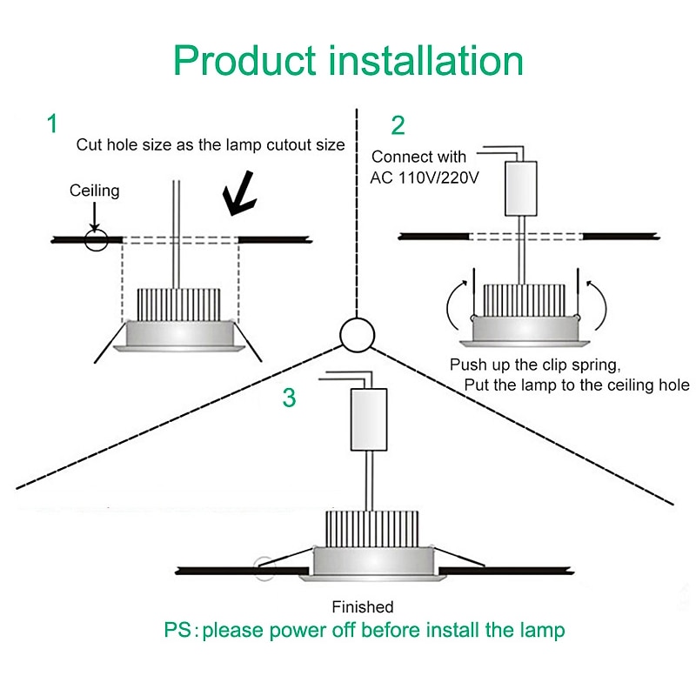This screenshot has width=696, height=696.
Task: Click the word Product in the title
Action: (x=243, y=61)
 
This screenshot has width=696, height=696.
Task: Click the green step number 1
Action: (x=52, y=124)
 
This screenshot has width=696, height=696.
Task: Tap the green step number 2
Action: (x=398, y=126)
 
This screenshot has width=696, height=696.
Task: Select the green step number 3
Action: (x=289, y=398)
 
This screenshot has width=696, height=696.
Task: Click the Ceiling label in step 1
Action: (x=94, y=191)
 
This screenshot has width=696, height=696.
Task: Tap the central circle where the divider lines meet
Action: (x=356, y=333)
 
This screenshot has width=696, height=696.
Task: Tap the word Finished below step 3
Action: (x=362, y=606)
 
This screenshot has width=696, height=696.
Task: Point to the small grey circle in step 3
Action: (x=265, y=570)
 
